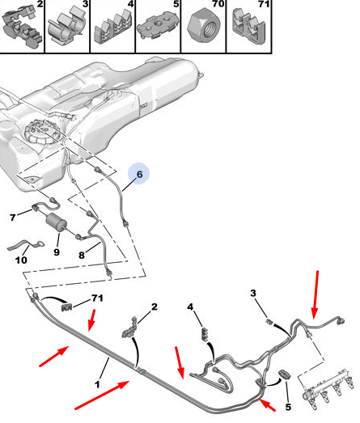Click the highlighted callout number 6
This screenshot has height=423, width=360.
tap(139, 174)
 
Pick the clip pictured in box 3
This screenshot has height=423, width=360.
tap(67, 26)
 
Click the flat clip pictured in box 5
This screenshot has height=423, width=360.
tap(159, 25)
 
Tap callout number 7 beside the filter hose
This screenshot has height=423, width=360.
tap(12, 218)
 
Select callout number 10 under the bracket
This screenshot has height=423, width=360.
tap(21, 260)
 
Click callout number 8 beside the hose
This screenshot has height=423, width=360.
tap(82, 255)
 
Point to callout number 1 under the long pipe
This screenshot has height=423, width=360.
tap(97, 384)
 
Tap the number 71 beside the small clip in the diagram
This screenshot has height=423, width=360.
tap(97, 298)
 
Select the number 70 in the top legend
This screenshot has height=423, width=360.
tap(218, 4)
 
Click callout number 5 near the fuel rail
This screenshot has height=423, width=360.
tap(288, 407)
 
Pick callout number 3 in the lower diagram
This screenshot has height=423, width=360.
tap(253, 293)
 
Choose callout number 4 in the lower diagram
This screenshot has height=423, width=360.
tap(190, 307)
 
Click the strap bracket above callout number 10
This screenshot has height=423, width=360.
tap(25, 245)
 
